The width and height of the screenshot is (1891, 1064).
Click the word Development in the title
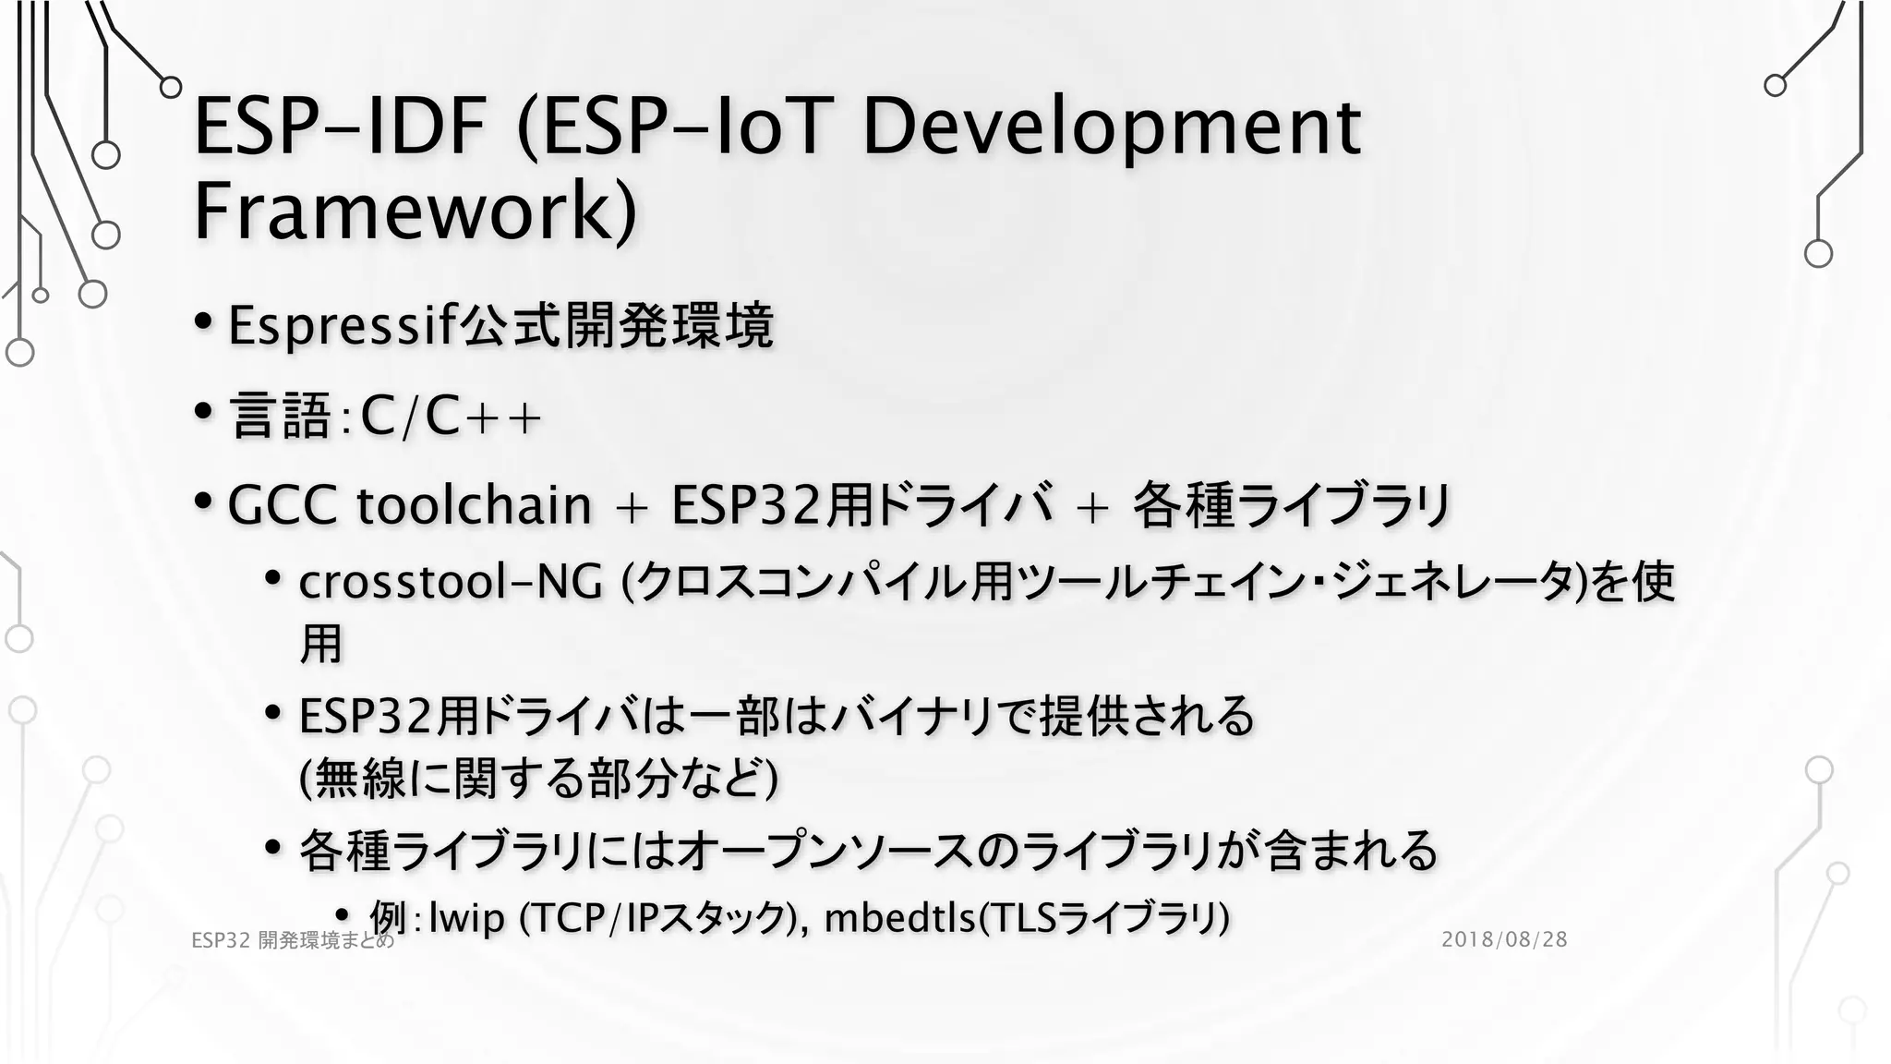[x=1111, y=127]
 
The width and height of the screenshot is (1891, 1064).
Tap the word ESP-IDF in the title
[x=340, y=127]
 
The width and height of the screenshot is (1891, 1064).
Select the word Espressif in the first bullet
[x=343, y=325]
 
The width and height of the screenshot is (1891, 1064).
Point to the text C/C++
[x=451, y=417]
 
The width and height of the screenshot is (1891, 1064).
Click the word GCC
[x=282, y=505]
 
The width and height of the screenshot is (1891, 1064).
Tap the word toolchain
[x=474, y=505]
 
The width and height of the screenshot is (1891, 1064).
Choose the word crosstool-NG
[x=451, y=582]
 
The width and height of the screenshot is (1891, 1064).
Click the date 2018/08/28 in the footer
[x=1504, y=939]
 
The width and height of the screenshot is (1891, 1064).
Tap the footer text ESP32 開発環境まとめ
[x=293, y=940]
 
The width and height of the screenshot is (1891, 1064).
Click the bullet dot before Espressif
[x=204, y=322]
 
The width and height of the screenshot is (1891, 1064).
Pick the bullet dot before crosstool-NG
[x=272, y=578]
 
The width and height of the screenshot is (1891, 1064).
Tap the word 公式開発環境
[x=617, y=325]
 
